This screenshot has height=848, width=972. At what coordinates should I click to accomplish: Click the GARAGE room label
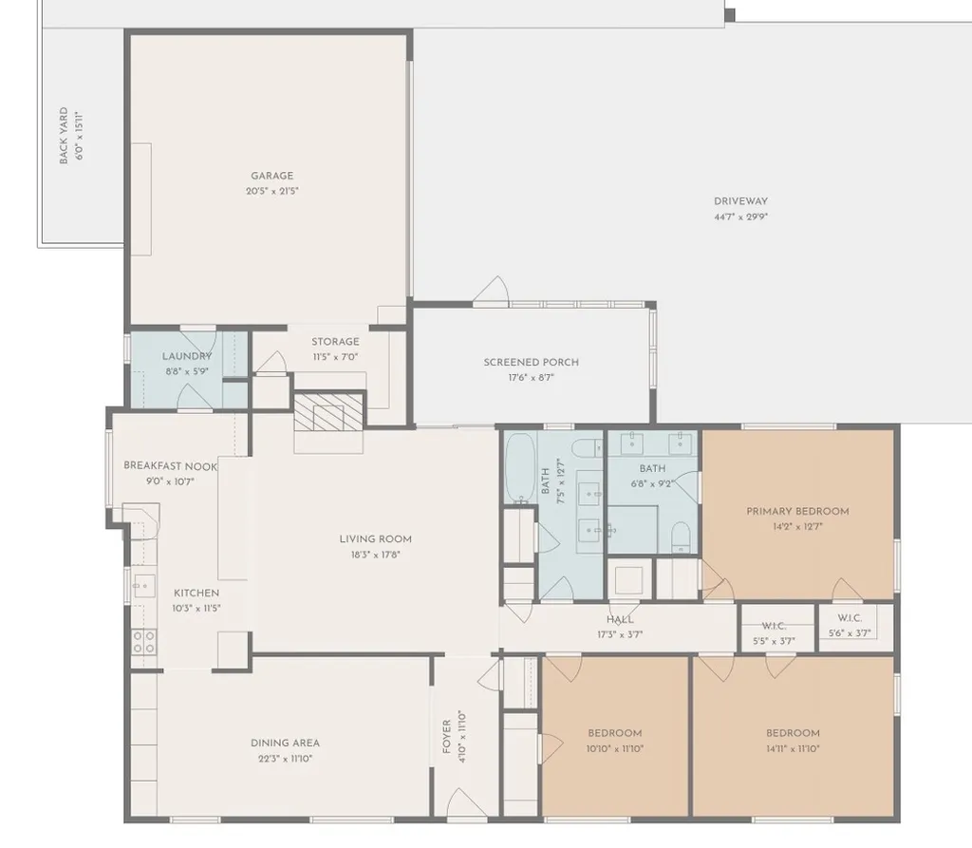tap(272, 176)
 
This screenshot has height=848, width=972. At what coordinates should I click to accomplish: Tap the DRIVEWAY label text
tap(740, 201)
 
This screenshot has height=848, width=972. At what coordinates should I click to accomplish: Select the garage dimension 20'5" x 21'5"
tap(272, 191)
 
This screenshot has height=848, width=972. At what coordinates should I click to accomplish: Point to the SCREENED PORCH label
tap(532, 362)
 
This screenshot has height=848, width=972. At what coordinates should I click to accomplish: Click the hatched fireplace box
tap(328, 411)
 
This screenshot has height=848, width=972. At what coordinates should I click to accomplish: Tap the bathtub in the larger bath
tap(519, 468)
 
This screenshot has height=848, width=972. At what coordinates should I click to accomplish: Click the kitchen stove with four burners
tap(144, 641)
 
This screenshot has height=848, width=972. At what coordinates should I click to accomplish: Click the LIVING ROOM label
tap(376, 539)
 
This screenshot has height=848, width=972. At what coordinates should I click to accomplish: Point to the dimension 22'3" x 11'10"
tap(285, 758)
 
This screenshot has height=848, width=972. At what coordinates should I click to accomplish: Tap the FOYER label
tap(446, 737)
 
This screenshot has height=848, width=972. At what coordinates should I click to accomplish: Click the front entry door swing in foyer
tap(466, 802)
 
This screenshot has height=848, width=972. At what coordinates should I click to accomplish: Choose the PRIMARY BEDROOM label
tap(797, 511)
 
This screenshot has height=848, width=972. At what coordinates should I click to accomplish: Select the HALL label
tap(620, 619)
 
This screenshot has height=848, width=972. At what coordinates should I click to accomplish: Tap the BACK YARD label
tap(64, 136)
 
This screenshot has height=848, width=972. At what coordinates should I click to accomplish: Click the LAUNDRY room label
tap(187, 356)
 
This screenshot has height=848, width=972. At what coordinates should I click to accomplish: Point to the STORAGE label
tap(335, 341)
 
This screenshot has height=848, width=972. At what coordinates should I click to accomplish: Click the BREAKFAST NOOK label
tap(171, 466)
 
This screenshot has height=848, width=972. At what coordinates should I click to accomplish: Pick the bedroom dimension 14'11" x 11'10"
tap(793, 748)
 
